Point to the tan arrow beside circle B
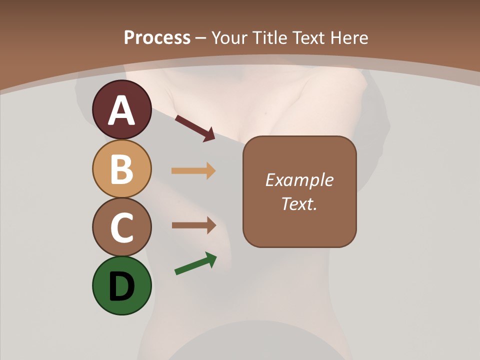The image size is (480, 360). pos(193,171)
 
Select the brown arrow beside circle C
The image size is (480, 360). pos(193,225)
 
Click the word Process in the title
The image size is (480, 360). pos(157,38)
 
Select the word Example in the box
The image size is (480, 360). pos(299,180)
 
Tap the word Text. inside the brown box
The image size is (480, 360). pos(299,203)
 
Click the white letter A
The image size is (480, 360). pos(121,111)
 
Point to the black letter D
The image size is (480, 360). pos(121,287)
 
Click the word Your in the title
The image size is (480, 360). pos(230,38)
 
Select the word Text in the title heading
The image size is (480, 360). pos(307,38)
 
